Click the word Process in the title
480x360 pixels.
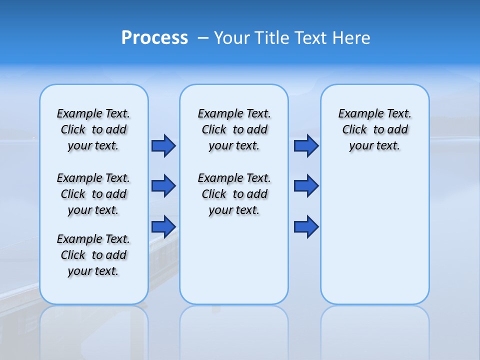pyautogui.click(x=154, y=37)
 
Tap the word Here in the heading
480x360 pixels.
pyautogui.click(x=352, y=38)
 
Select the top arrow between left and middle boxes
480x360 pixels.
pyautogui.click(x=163, y=145)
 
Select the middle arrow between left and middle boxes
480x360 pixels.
pyautogui.click(x=163, y=186)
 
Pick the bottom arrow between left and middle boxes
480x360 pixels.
pyautogui.click(x=163, y=227)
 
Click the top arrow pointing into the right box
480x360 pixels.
pyautogui.click(x=306, y=145)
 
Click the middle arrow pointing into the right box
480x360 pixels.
pyautogui.click(x=306, y=186)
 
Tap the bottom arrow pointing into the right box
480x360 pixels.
pyautogui.click(x=306, y=227)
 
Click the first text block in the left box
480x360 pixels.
pyautogui.click(x=93, y=129)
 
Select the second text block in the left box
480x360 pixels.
pyautogui.click(x=93, y=194)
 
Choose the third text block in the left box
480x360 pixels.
pyautogui.click(x=93, y=255)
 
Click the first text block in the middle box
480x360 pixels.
pyautogui.click(x=234, y=129)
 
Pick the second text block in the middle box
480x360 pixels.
pyautogui.click(x=234, y=194)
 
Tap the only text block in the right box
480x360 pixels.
pyautogui.click(x=375, y=129)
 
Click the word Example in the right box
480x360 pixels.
pyautogui.click(x=357, y=114)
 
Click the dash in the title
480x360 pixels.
pyautogui.click(x=203, y=37)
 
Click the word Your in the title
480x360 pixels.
pyautogui.click(x=233, y=38)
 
